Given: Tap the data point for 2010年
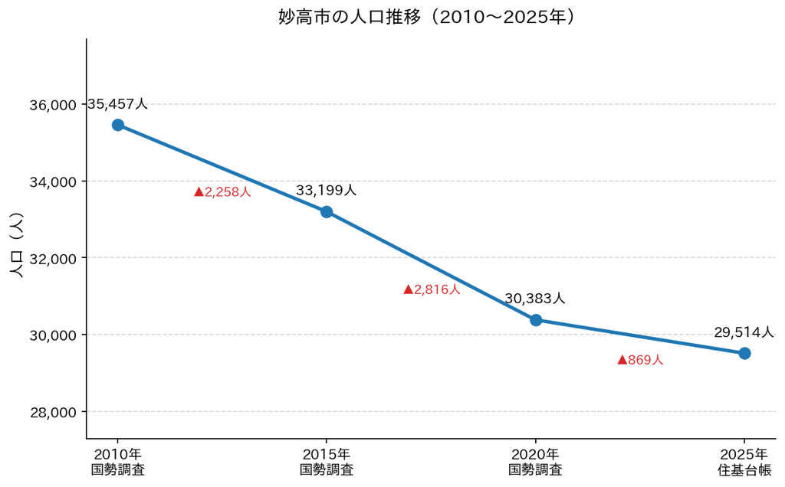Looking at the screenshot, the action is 117,125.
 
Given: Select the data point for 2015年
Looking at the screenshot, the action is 327,212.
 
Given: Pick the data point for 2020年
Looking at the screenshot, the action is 536,320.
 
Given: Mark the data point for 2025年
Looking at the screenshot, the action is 744,354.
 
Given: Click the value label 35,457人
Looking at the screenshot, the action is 117,104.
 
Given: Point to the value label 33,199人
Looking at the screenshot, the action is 327,190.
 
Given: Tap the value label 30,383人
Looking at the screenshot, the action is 535,299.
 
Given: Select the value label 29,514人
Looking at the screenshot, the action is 744,332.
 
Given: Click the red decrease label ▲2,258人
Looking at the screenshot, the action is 222,191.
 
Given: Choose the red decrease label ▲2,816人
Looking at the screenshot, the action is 432,289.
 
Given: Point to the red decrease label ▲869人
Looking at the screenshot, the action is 640,360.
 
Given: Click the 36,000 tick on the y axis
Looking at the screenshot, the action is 53,105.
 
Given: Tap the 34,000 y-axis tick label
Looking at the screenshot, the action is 53,182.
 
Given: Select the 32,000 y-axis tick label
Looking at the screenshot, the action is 53,259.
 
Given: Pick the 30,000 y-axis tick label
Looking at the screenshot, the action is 53,335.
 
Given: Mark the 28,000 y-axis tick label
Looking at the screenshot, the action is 53,413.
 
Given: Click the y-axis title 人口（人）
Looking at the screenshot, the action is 17,244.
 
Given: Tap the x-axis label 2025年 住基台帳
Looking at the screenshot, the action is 744,462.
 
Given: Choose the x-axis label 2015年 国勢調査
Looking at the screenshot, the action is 327,462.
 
